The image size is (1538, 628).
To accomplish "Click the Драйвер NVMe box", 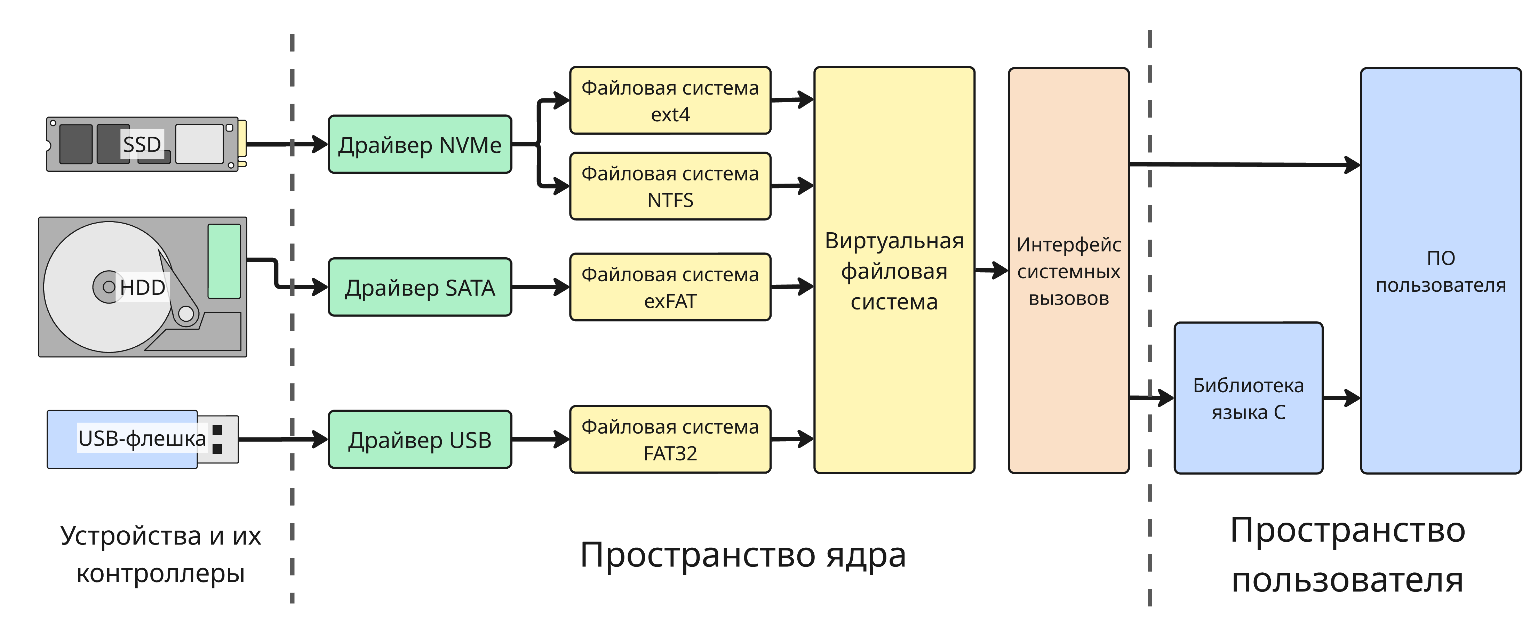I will coord(420,144).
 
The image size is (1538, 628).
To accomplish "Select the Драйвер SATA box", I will coord(420,287).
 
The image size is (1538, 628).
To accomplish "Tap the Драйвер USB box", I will coord(420,440).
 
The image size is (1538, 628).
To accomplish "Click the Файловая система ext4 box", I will coord(670,100).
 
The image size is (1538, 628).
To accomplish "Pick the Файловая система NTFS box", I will coord(670,186).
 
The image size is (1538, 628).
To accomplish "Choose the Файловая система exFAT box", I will coord(670,287).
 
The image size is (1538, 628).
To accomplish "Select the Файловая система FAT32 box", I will coord(670,440).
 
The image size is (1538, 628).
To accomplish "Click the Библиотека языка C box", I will coord(1248,398).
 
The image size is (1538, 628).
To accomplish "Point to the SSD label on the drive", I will coord(142,144).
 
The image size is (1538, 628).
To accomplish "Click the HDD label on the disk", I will coord(142,287).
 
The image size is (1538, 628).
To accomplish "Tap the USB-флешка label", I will coord(142,438).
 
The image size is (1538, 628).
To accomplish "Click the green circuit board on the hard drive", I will coord(224,261).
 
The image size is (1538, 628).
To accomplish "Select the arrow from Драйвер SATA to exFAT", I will coord(540,287).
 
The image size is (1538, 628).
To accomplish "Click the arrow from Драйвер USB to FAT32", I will coord(540,440).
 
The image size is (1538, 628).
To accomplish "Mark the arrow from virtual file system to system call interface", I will coord(991,271).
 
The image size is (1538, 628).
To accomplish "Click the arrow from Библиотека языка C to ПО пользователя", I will coord(1341,397).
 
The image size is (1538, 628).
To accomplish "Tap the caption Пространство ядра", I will coord(743,555).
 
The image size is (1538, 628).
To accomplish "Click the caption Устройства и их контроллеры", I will coord(161,554).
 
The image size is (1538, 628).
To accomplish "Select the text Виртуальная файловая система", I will coord(894,271).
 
